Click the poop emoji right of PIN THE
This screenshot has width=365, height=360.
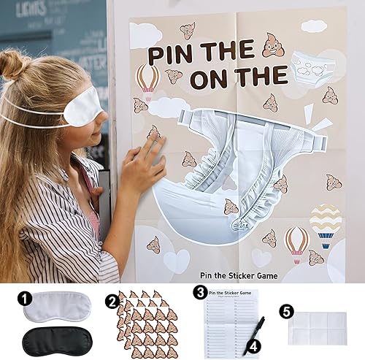pos(273,48)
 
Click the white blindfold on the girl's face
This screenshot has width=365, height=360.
pos(80,103)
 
